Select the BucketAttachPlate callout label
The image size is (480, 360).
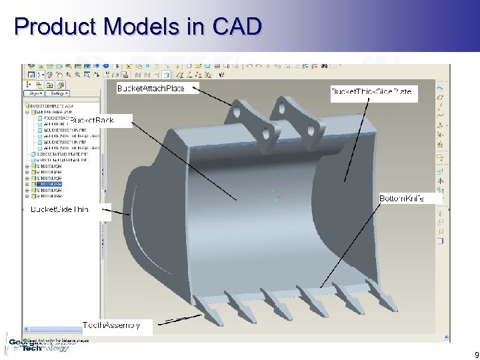point(158,89)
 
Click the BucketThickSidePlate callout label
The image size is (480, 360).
point(374,91)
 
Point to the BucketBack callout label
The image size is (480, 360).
point(106,120)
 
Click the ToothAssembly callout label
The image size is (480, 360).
point(111,325)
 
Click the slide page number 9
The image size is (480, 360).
point(474,355)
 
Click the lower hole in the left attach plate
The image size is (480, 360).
point(265,134)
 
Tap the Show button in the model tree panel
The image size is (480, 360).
point(35,95)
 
